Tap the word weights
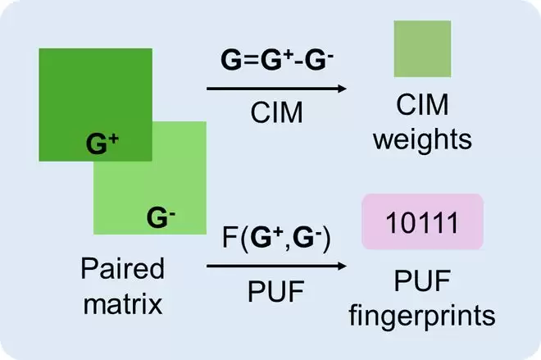(422, 140)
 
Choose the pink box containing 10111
(421, 222)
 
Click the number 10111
(421, 222)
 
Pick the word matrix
(123, 305)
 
